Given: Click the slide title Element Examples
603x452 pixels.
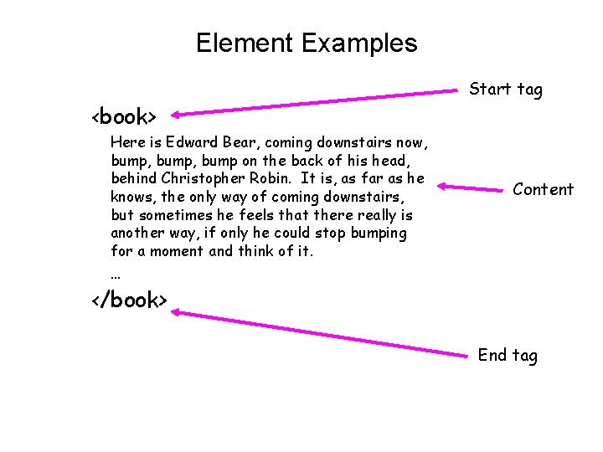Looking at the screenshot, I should point(306,43).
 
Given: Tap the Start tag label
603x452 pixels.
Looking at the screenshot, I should point(505,89).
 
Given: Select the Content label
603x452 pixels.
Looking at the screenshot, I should point(543,189).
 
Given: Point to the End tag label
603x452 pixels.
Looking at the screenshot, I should point(508,355).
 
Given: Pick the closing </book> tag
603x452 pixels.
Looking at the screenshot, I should point(130,300).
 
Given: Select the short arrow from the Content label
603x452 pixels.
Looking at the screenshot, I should point(470,188).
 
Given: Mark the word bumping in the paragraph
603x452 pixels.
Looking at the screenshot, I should point(379,233).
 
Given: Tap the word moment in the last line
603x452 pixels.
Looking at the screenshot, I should point(177,251).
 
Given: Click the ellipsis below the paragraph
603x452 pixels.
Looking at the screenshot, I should point(116,274).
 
